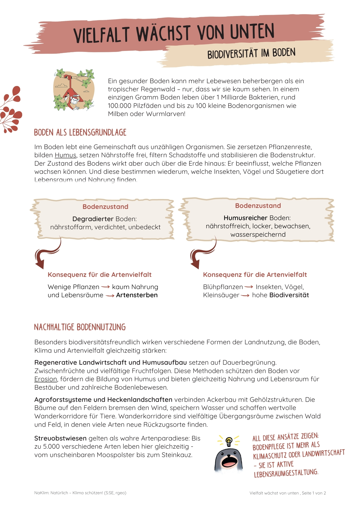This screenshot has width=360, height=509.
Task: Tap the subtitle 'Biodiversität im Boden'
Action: tap(251, 53)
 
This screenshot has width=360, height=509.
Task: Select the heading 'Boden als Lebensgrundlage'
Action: tap(80, 133)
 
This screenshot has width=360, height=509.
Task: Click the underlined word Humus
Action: tap(65, 155)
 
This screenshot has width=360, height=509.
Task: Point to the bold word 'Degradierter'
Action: tap(93, 219)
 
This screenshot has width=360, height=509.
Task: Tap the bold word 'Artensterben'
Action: tap(137, 295)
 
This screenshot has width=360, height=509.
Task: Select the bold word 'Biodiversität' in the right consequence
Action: tap(289, 295)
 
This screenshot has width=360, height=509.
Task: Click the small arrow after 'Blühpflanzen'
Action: tap(249, 287)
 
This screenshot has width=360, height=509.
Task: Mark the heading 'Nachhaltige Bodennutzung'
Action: tap(80, 327)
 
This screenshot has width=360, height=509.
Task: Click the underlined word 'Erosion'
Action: tap(46, 379)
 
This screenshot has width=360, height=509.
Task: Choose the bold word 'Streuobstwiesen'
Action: tap(61, 439)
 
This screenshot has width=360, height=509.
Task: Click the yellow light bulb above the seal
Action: tap(229, 441)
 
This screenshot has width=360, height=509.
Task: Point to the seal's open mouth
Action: tap(229, 461)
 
